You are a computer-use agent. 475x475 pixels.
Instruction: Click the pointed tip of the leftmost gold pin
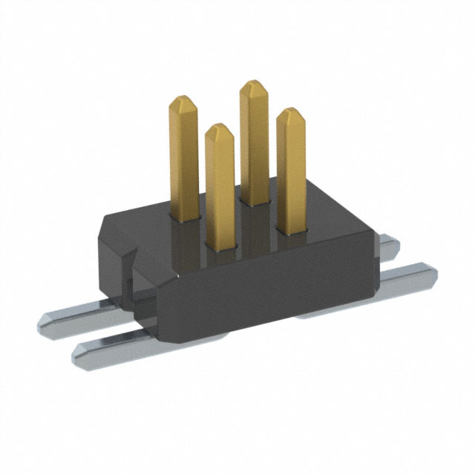tap(183, 98)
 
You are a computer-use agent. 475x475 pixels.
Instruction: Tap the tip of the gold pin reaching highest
tap(253, 83)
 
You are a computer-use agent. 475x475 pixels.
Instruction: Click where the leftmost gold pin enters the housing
tap(185, 217)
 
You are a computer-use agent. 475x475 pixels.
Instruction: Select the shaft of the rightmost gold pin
tap(291, 171)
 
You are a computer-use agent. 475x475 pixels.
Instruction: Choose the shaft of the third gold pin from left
tap(254, 141)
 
